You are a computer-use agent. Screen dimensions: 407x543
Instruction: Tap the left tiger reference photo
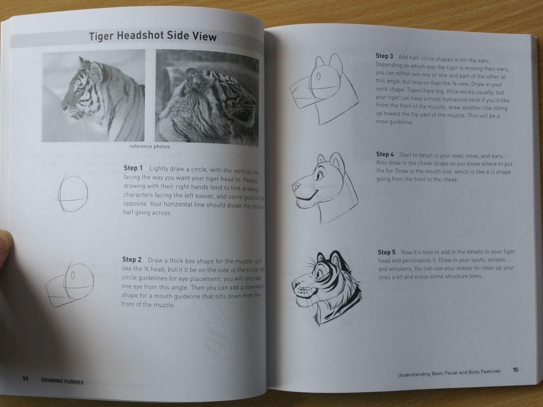(x=94, y=96)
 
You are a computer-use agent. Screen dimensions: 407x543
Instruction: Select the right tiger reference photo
(x=207, y=98)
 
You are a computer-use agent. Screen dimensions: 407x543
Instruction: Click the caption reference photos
(x=150, y=147)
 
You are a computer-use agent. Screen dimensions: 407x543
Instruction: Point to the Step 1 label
(x=133, y=168)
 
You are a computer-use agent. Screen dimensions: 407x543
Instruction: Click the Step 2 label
(x=132, y=260)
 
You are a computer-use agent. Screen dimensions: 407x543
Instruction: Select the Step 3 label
(x=384, y=56)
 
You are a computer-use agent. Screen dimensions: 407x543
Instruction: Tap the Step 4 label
(x=385, y=155)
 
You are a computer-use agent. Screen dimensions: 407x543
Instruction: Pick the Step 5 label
(x=386, y=252)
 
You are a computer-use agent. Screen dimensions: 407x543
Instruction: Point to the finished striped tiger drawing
(x=325, y=287)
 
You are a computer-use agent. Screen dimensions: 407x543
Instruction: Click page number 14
(x=25, y=379)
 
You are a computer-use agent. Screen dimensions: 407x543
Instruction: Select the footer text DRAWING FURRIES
(x=63, y=382)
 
